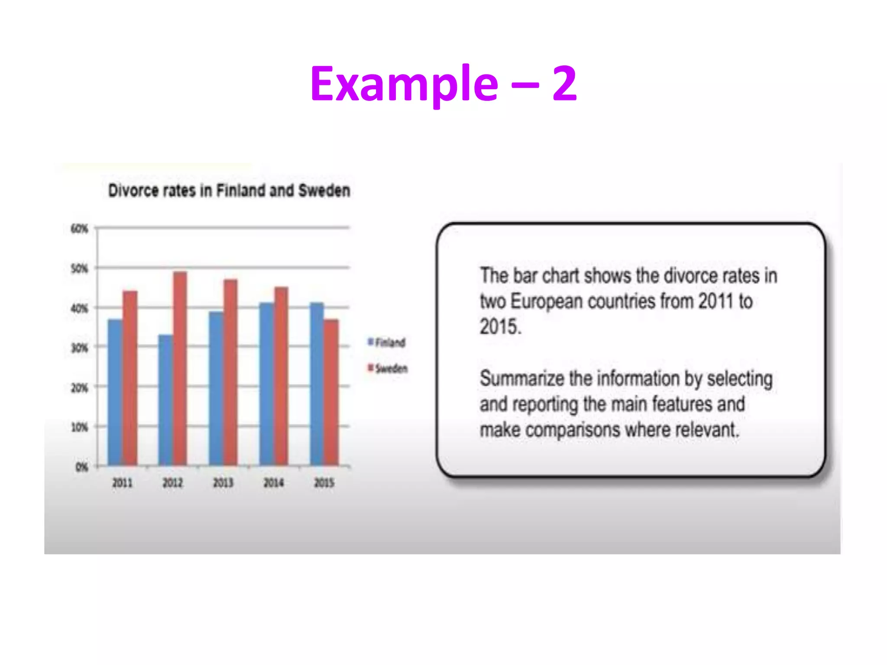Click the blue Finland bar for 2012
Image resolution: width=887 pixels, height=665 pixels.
[165, 400]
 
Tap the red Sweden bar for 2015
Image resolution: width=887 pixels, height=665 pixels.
[331, 392]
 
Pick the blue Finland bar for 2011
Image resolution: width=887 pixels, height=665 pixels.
[115, 392]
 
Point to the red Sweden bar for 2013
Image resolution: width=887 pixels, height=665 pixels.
[230, 372]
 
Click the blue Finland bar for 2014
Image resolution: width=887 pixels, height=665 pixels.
[266, 384]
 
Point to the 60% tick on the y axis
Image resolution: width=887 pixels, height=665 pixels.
[80, 229]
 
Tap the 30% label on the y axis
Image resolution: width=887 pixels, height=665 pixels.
[80, 348]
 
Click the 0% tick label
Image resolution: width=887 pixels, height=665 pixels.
[82, 467]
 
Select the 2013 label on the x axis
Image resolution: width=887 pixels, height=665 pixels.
[223, 483]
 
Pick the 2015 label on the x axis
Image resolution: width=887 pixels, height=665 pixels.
[324, 483]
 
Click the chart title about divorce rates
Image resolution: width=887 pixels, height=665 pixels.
[229, 191]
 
